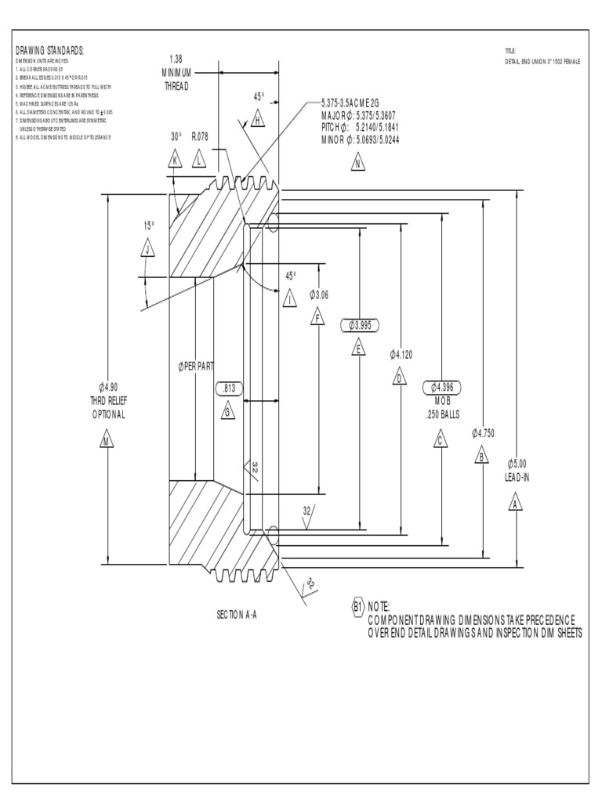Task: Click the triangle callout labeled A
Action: tap(515, 503)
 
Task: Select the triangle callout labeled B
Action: tap(481, 456)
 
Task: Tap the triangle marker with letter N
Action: tap(357, 164)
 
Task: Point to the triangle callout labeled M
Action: tap(107, 442)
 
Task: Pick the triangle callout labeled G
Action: tap(227, 412)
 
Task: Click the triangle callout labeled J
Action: tap(148, 249)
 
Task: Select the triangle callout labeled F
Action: tap(317, 317)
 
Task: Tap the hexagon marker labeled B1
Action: tap(357, 606)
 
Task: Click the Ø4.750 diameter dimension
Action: tap(484, 432)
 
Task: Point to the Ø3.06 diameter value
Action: tap(319, 294)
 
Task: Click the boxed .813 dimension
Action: tap(230, 388)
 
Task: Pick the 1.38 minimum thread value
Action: tap(176, 59)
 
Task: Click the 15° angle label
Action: tap(149, 226)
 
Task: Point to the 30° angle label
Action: tap(176, 136)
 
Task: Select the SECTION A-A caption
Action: tap(237, 615)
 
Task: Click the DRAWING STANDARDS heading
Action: tap(49, 51)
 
